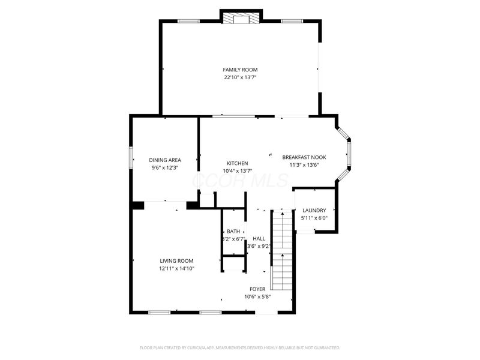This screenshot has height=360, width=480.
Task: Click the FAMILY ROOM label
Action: tap(240, 70)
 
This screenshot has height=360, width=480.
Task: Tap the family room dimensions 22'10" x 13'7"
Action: tap(240, 77)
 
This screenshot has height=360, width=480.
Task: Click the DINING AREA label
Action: tap(165, 160)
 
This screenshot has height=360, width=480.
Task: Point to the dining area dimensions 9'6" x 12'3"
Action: tap(165, 168)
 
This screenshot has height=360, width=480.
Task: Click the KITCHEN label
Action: tap(237, 164)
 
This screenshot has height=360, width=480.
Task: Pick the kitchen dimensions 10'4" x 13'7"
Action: tap(237, 172)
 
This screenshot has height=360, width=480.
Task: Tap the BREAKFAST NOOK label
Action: tap(304, 157)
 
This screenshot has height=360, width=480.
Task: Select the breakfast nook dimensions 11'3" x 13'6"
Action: tap(304, 165)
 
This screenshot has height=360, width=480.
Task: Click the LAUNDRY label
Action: tap(314, 210)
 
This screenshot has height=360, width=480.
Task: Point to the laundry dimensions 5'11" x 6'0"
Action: tap(314, 218)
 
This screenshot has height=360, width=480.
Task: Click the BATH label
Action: tap(233, 232)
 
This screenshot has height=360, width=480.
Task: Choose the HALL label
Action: tap(259, 239)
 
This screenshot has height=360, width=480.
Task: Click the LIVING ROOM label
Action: tap(176, 260)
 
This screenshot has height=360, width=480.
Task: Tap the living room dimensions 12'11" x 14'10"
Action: tap(176, 269)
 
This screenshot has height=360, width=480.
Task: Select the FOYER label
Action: tap(257, 289)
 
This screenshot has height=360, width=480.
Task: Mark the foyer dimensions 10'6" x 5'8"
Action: tap(257, 297)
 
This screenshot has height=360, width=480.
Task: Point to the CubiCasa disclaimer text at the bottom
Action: tap(240, 347)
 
